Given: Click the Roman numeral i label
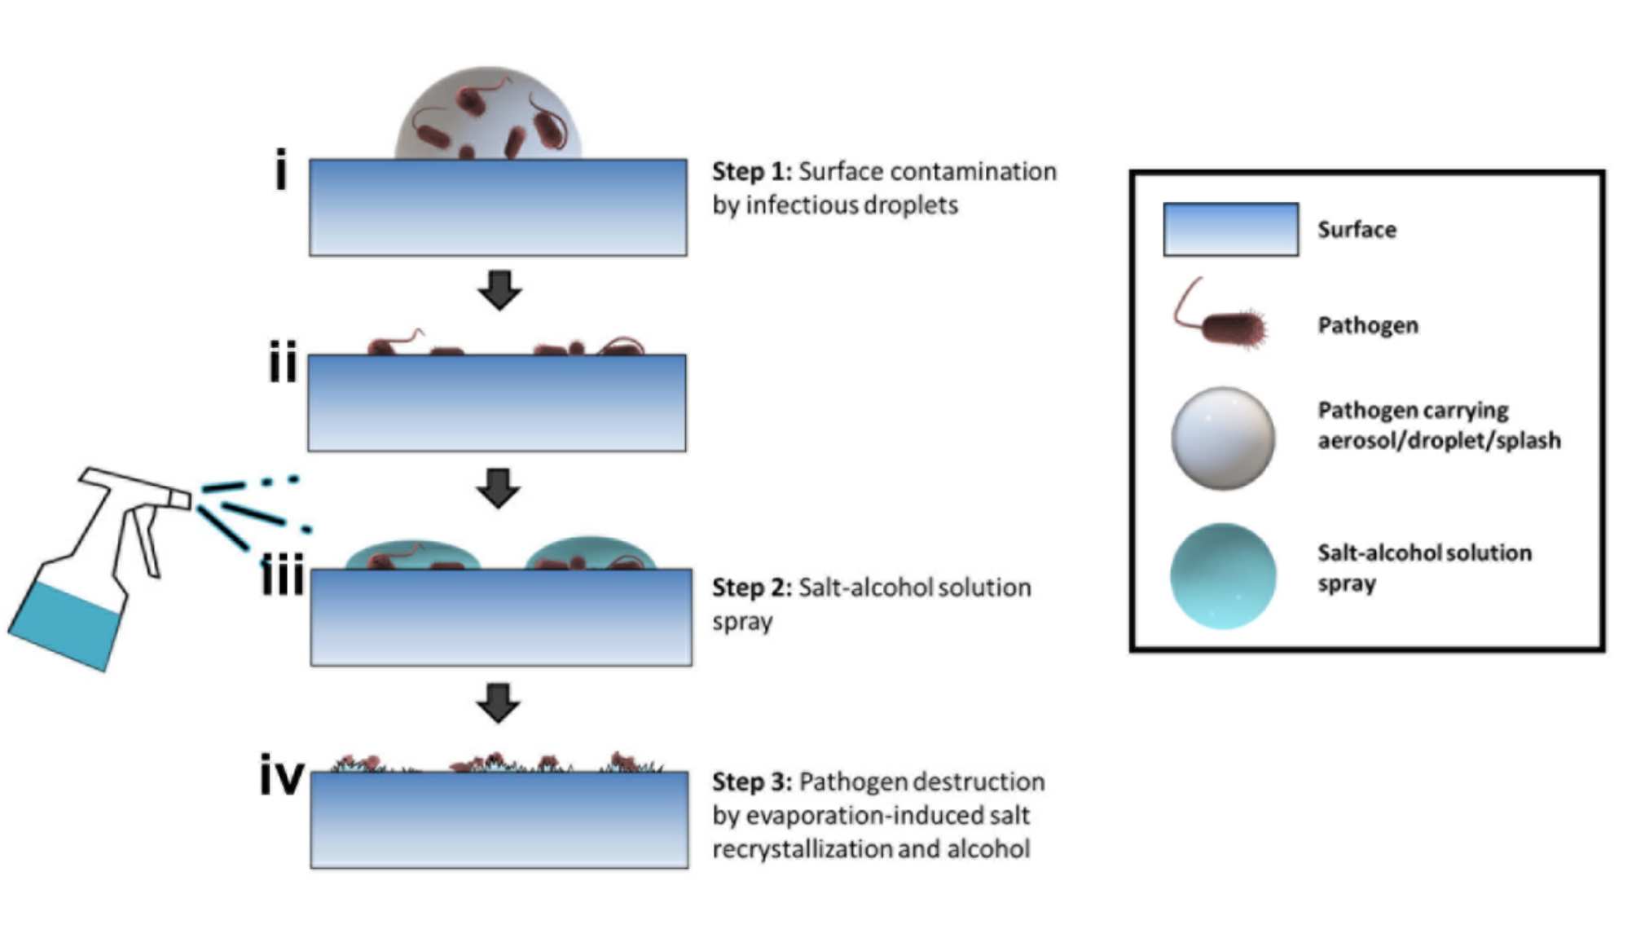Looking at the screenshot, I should point(281,170).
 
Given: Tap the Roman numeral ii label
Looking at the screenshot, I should point(283,362).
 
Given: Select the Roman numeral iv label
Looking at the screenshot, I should point(282,775).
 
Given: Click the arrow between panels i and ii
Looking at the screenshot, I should point(499,290).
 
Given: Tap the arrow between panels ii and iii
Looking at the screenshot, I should point(499,488).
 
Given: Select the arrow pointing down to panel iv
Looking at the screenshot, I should point(499,702).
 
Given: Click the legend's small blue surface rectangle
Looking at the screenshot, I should point(1230,230).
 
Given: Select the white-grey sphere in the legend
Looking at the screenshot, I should point(1223,438).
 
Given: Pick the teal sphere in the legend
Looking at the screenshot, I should point(1223,575).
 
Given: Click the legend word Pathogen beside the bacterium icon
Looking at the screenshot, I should point(1368,326).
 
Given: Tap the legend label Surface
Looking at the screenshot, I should point(1357,230).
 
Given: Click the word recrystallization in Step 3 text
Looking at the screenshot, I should point(802,849).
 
